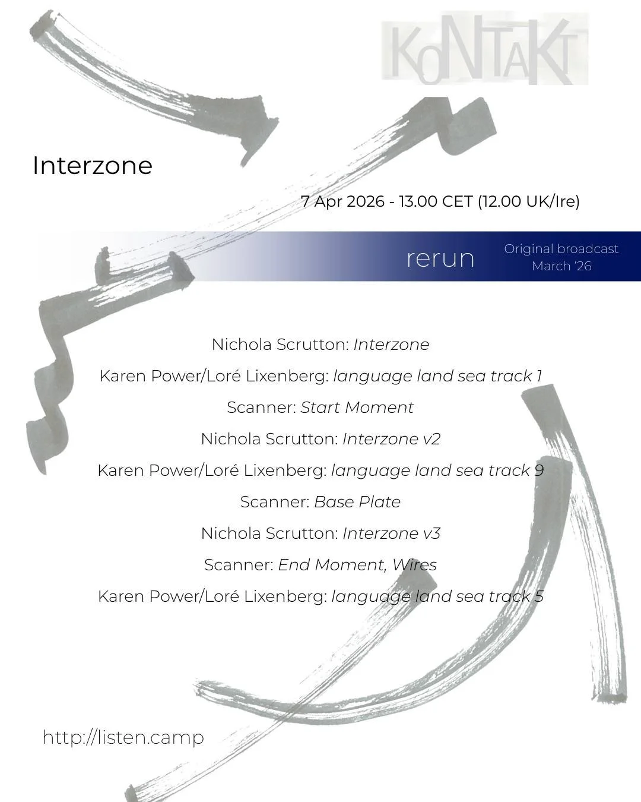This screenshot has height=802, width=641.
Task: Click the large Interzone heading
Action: [93, 165]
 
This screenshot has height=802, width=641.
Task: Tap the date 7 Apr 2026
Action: [342, 201]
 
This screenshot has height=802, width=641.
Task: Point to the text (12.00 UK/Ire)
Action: [528, 201]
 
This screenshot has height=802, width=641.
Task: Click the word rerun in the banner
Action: [440, 258]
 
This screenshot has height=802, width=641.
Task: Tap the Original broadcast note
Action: [561, 249]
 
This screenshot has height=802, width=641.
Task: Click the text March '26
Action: [561, 266]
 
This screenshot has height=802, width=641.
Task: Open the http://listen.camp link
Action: [123, 737]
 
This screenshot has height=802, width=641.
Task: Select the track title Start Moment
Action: [357, 408]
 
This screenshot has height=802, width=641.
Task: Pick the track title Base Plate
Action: [357, 502]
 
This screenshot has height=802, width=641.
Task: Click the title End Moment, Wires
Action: [357, 565]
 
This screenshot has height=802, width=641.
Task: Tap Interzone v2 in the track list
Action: [391, 439]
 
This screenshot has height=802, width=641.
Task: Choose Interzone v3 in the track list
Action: [391, 533]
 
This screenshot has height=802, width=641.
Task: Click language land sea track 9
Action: [437, 471]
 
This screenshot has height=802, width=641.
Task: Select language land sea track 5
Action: [437, 596]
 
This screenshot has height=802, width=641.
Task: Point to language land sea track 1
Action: [437, 376]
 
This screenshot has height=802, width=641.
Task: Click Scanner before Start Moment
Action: [261, 408]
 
